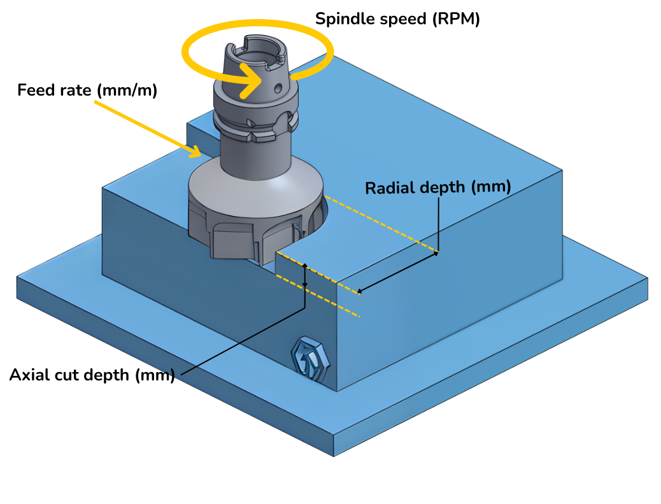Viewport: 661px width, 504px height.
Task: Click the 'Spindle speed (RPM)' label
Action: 397,19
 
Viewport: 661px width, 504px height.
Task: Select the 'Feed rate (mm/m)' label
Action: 87,90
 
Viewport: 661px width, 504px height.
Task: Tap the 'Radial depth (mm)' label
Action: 438,188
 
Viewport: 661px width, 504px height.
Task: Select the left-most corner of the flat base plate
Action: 17,278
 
